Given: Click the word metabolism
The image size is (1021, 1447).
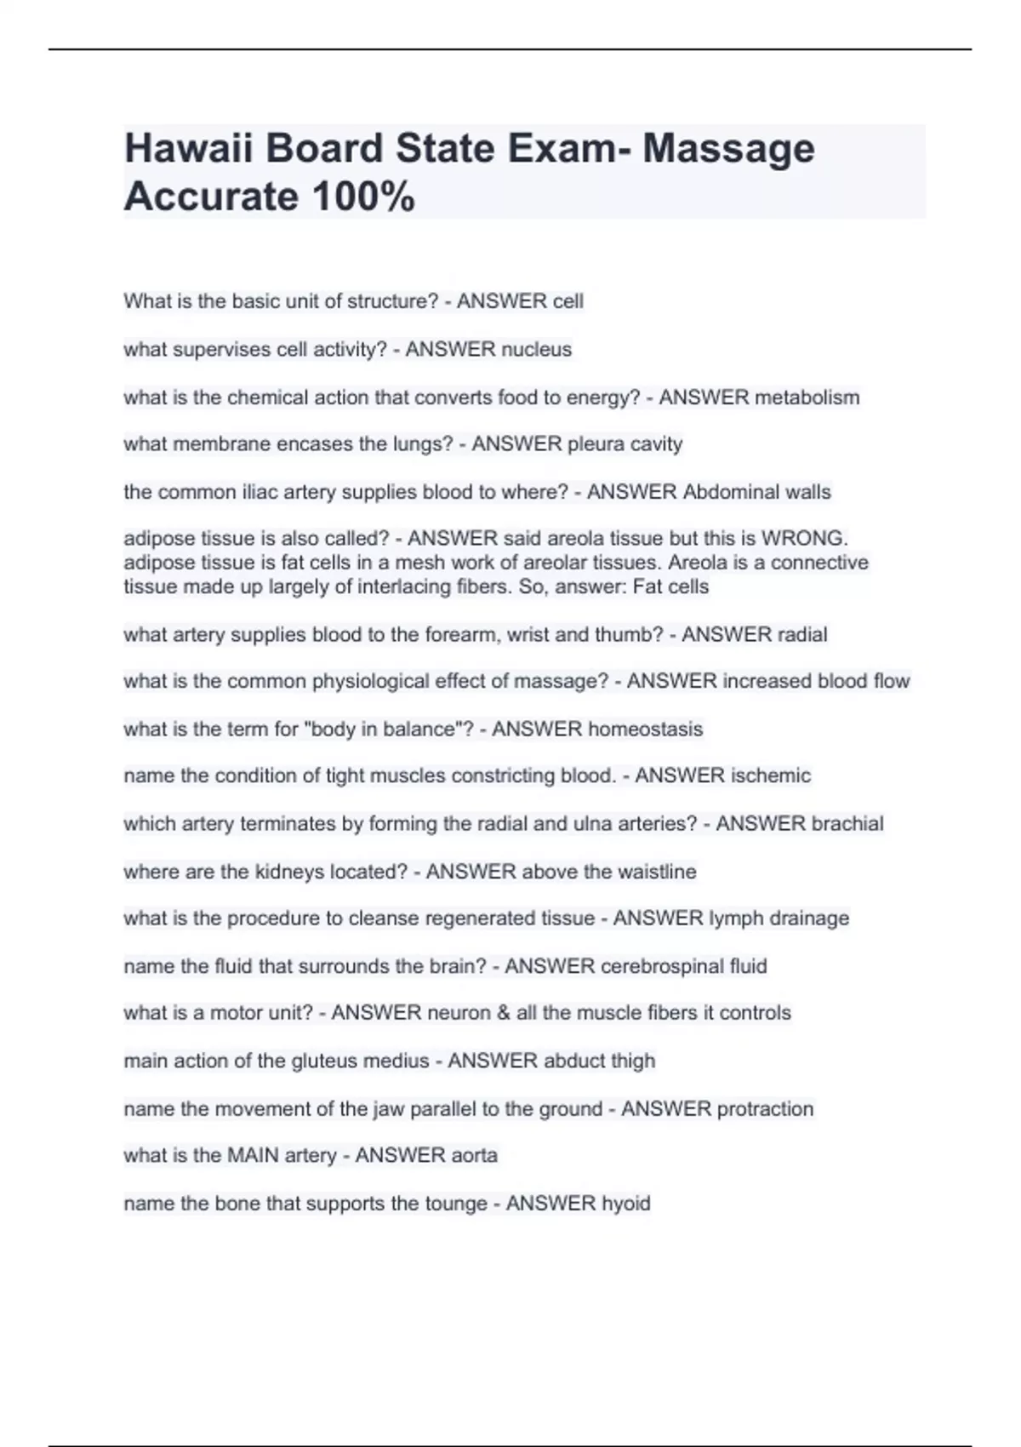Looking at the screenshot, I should click(x=807, y=397).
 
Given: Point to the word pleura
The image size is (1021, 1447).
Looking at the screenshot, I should click(x=596, y=444).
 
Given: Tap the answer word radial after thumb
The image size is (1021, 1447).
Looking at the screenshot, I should click(x=799, y=634).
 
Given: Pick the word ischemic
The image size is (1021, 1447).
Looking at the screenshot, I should click(x=766, y=775).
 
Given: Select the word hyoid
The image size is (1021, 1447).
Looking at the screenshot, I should click(x=626, y=1204).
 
